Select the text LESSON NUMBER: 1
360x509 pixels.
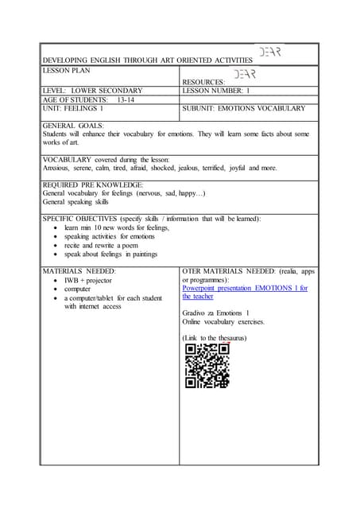(x=216, y=91)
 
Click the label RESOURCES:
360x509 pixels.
(x=203, y=82)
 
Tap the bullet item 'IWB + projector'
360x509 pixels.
(x=90, y=282)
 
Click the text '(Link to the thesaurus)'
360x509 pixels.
(x=215, y=338)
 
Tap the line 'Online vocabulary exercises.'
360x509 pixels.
(x=223, y=322)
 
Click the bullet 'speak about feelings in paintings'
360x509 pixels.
(x=110, y=254)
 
